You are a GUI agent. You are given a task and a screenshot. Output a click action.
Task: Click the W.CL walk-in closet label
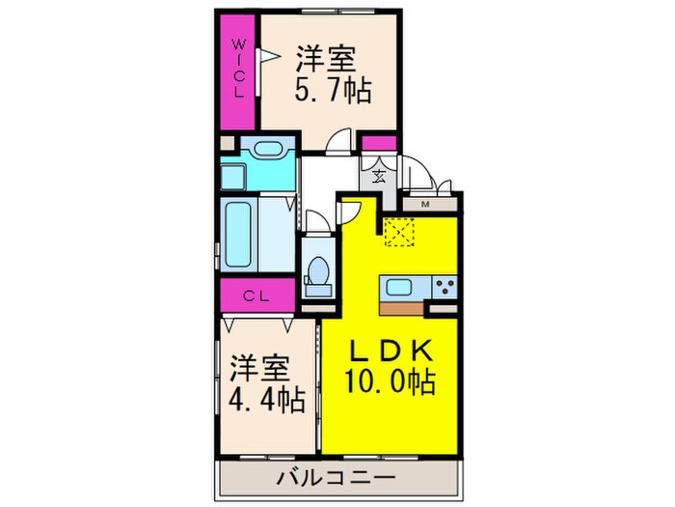(x=238, y=69)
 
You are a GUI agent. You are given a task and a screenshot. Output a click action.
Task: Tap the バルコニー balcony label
(x=336, y=477)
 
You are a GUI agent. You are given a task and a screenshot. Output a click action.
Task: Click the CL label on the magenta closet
(x=255, y=296)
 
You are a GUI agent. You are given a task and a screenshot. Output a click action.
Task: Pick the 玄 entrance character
(x=379, y=176)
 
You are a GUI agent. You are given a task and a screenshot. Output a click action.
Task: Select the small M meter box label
(x=423, y=203)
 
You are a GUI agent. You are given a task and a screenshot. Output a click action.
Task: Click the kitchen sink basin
(x=398, y=287)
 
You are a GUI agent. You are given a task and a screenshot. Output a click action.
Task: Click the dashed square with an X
(x=398, y=232)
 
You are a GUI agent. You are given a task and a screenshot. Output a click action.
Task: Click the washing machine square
(x=233, y=177)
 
